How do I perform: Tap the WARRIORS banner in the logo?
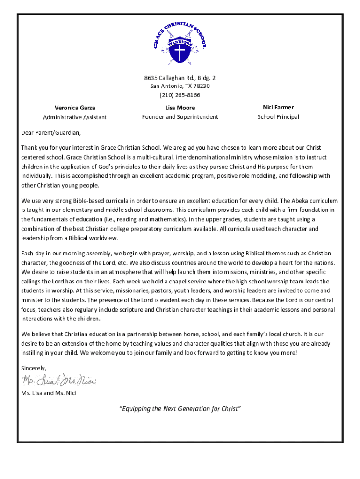coord(180,43)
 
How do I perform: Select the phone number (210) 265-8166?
coord(180,95)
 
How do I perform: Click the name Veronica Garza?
coord(75,108)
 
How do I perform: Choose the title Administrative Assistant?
coord(75,117)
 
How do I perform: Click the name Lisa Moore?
coord(180,108)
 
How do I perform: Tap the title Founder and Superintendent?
coord(180,117)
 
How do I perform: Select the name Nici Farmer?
coord(278,108)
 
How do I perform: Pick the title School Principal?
coord(278,117)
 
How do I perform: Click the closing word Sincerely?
coord(34,368)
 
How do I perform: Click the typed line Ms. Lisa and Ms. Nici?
coord(49,393)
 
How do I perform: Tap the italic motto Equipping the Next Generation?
coord(180,409)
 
